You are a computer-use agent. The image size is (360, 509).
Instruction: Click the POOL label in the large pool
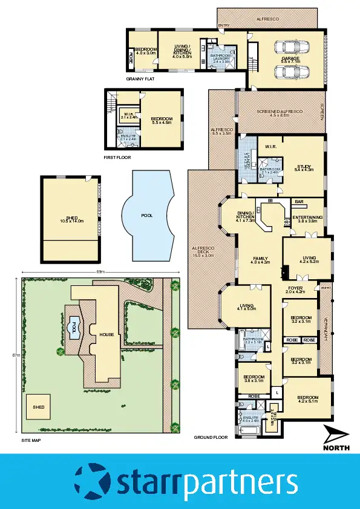pos(147,215)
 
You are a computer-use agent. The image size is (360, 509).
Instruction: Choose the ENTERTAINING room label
pos(307,219)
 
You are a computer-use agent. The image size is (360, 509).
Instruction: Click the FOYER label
pos(295,290)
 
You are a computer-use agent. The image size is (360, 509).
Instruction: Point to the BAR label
pos(299,201)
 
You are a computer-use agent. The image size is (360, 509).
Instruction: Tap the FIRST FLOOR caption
pos(117,157)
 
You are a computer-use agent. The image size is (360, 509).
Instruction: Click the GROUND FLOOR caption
pos(211,437)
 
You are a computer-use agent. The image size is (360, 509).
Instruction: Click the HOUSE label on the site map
pos(106,334)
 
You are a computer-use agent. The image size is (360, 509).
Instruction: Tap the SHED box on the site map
pos(39,407)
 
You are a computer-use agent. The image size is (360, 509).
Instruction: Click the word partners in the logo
pos(240,482)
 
